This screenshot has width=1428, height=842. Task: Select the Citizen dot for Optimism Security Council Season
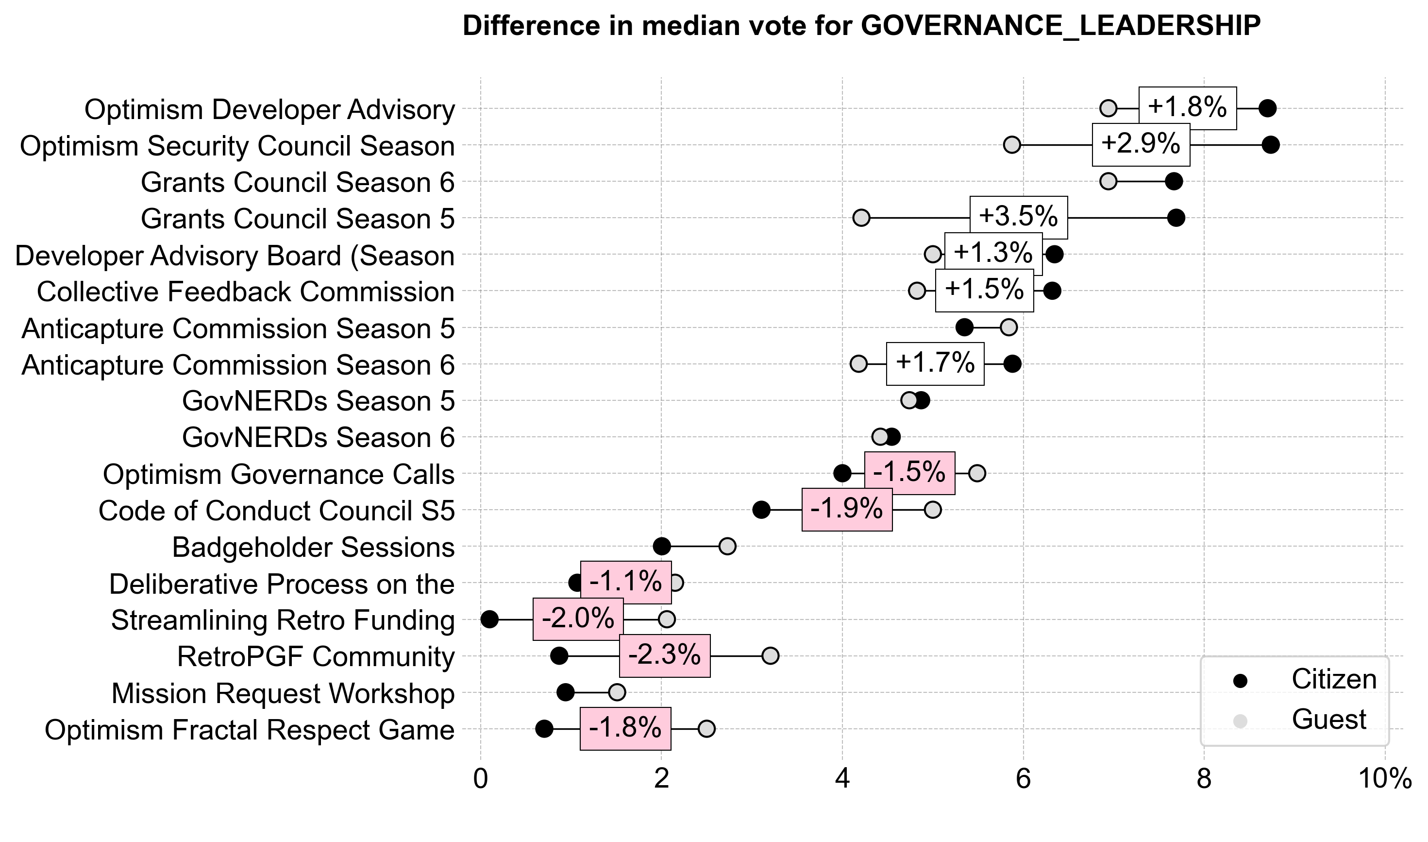(1270, 145)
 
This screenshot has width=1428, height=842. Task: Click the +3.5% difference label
(1018, 217)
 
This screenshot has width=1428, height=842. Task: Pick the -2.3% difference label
(664, 656)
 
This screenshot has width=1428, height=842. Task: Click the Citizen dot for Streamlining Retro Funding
(489, 619)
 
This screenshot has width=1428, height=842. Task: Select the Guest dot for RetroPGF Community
(771, 656)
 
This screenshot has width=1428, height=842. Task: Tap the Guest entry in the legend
(1328, 720)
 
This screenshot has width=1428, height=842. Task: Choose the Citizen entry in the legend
(1333, 680)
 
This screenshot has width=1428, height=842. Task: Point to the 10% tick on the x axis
(1385, 780)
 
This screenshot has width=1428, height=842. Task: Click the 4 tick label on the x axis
(842, 780)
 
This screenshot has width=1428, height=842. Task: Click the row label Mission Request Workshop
(283, 693)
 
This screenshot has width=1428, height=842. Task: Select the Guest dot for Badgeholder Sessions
(727, 547)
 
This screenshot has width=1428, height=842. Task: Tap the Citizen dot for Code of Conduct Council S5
(761, 510)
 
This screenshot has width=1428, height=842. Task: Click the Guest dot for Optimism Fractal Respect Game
(706, 729)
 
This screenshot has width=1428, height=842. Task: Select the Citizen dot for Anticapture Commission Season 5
(964, 327)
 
